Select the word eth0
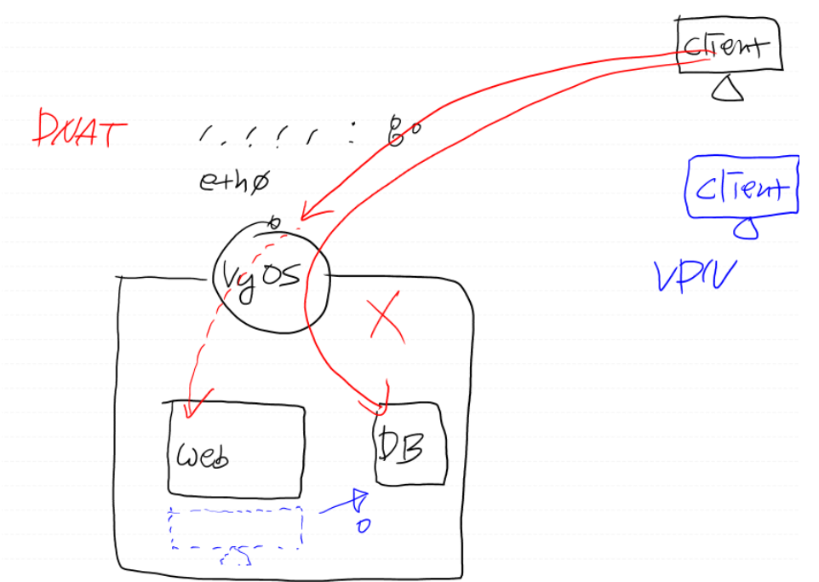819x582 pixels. (232, 181)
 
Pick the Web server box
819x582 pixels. (237, 449)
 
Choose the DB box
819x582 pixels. (410, 443)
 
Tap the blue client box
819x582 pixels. (742, 185)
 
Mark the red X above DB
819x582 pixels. (385, 319)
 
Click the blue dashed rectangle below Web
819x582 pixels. (237, 527)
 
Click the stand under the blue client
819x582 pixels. (747, 226)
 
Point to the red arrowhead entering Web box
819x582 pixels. (191, 411)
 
